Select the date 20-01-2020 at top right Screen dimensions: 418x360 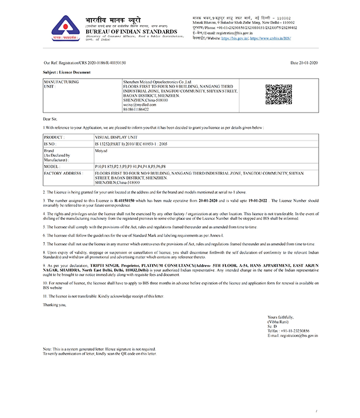coord(303,62)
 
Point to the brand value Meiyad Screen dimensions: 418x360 coord(101,150)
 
